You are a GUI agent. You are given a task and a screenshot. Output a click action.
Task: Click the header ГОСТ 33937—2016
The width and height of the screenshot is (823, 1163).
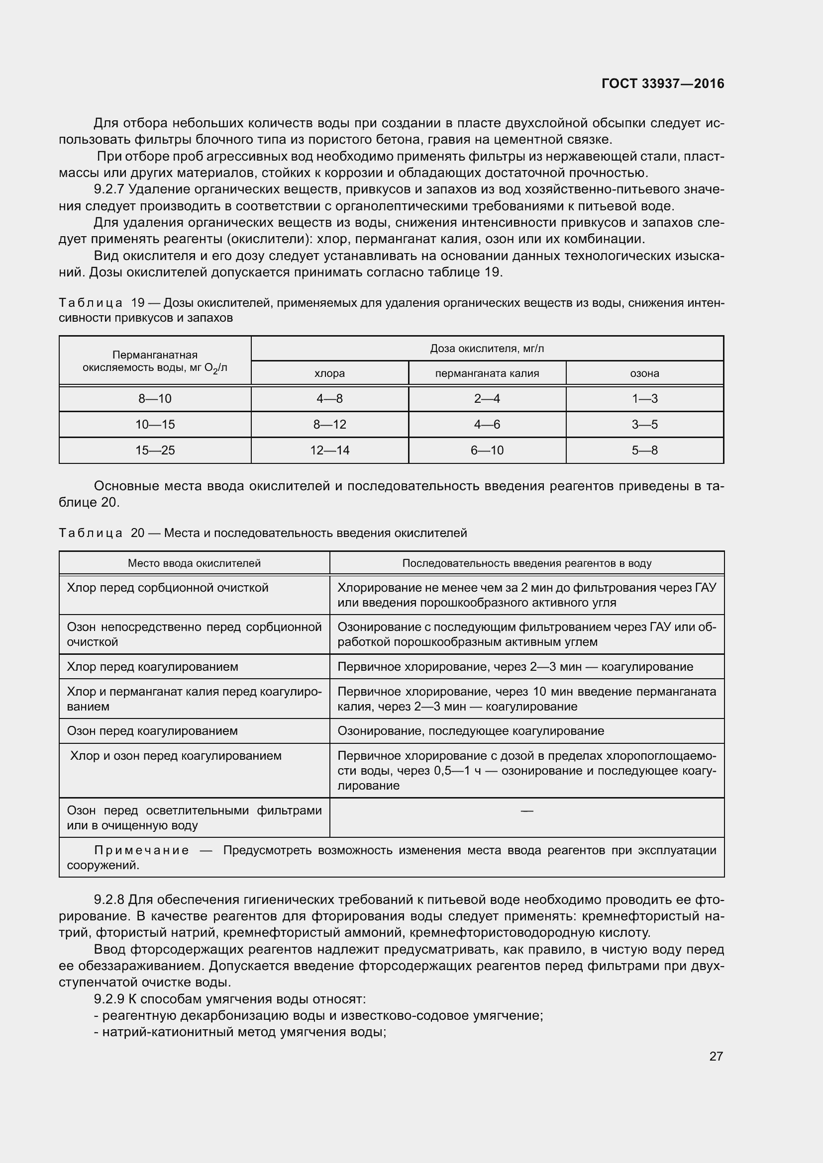tap(662, 84)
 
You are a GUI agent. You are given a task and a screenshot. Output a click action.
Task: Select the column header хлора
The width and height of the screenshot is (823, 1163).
tap(329, 373)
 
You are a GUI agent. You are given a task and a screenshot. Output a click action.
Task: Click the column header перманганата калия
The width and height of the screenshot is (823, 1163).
tap(487, 373)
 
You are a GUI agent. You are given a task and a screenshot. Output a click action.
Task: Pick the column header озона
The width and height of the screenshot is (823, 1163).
tap(644, 373)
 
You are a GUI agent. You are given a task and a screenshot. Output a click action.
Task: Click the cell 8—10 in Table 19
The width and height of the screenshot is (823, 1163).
tap(155, 399)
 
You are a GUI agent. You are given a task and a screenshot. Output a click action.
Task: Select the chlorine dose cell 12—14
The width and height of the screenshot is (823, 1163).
tap(329, 450)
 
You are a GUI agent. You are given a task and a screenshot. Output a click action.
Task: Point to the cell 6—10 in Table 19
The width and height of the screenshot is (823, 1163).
tap(487, 450)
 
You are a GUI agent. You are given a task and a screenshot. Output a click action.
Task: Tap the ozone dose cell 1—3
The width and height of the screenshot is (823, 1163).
tap(644, 399)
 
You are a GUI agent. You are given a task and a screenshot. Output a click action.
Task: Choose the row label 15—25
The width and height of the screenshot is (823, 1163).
tap(155, 450)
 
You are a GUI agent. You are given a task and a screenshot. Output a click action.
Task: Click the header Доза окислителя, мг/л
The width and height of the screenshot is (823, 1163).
tap(487, 349)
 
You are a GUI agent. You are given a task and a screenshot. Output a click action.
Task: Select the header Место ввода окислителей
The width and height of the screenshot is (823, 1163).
tap(194, 563)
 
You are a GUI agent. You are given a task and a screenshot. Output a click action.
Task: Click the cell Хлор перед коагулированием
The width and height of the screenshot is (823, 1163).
tap(153, 667)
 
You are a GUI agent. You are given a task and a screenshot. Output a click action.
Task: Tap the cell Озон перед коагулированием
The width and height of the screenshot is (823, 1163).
tap(152, 731)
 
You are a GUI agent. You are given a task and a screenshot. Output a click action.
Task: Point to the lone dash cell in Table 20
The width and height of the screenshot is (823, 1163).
tap(526, 811)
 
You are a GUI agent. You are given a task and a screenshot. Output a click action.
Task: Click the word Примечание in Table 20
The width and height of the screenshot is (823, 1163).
tap(141, 850)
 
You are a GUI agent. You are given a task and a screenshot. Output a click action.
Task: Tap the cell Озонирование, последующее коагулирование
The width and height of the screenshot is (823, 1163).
tap(470, 731)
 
